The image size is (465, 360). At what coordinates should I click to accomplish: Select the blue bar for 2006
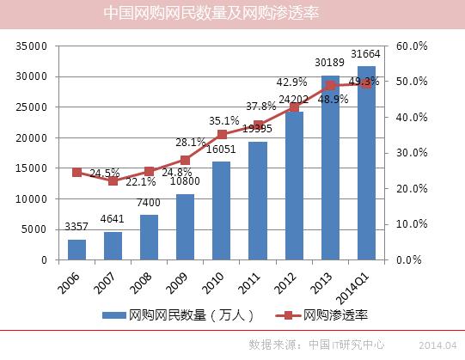pyautogui.click(x=76, y=249)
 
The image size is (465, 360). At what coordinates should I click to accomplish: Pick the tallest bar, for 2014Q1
pyautogui.click(x=366, y=163)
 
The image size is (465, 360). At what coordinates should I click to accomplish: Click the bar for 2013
pyautogui.click(x=330, y=168)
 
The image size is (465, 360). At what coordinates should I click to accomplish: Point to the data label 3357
pyautogui.click(x=77, y=228)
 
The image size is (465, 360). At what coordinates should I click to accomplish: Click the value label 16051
pyautogui.click(x=221, y=149)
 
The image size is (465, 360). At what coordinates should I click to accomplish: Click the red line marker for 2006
pyautogui.click(x=76, y=173)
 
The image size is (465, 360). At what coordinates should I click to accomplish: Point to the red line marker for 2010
pyautogui.click(x=222, y=135)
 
